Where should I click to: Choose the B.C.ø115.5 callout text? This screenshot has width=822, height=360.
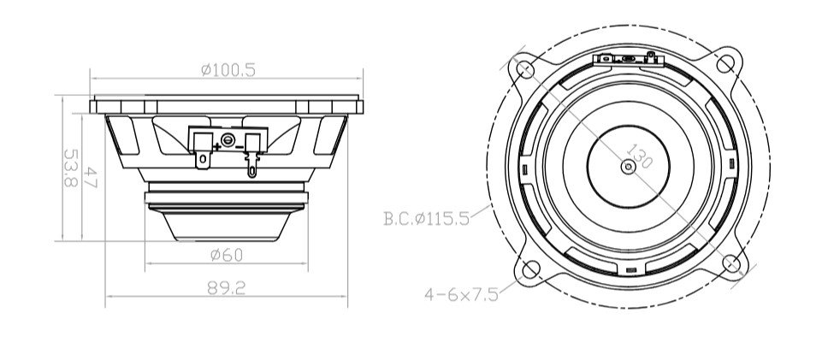(x=426, y=218)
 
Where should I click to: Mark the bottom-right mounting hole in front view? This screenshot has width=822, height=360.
(x=731, y=263)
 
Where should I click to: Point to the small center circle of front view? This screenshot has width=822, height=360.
(x=629, y=168)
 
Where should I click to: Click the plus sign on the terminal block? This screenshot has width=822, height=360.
(x=217, y=146)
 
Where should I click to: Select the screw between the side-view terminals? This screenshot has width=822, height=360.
(x=228, y=139)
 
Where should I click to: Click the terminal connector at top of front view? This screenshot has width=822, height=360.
(x=628, y=60)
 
